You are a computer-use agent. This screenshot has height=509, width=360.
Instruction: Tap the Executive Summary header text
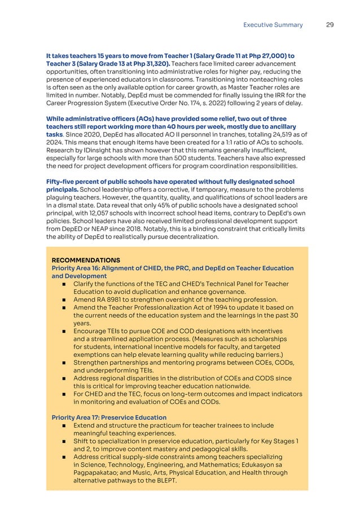pyautogui.click(x=273, y=25)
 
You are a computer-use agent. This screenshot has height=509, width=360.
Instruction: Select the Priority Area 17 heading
pyautogui.click(x=109, y=417)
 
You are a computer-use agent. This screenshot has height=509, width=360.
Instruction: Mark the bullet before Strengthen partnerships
pyautogui.click(x=65, y=362)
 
